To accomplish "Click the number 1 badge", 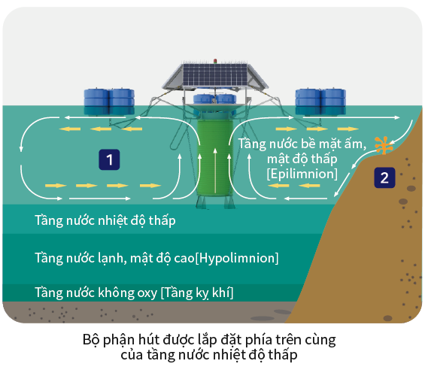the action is click(x=109, y=159).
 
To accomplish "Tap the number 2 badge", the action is click(x=384, y=177).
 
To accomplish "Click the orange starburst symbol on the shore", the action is click(x=384, y=145).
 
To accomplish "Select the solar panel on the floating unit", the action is click(x=215, y=74).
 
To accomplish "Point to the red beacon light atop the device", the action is click(x=215, y=61).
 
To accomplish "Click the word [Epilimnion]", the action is click(x=302, y=174).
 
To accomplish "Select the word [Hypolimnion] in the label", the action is click(x=237, y=258).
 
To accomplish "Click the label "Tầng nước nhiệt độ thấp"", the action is click(x=105, y=220).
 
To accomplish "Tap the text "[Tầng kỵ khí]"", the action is click(x=197, y=293).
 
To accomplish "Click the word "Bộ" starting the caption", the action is click(x=90, y=339).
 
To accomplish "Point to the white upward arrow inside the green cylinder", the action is click(x=215, y=170).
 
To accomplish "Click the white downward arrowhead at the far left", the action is click(x=21, y=149).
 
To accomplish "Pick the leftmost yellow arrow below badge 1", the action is click(x=56, y=186).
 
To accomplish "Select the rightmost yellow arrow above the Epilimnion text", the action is click(x=348, y=129).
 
